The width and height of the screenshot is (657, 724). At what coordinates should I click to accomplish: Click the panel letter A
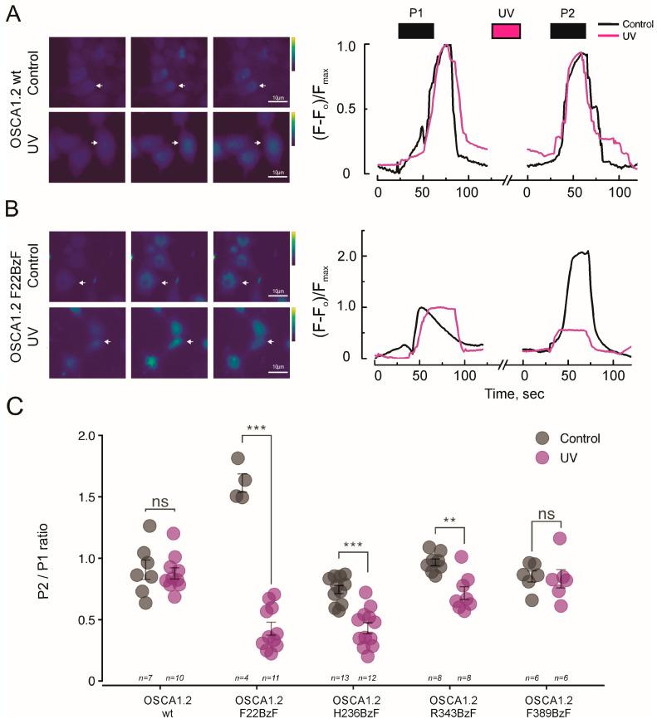[x=13, y=16]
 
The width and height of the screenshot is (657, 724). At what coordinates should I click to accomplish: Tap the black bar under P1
[x=416, y=31]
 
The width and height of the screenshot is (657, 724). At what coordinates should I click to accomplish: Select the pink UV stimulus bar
[x=506, y=31]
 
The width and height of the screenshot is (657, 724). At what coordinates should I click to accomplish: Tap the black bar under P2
[x=567, y=31]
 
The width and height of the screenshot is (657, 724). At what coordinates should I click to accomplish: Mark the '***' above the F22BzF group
[x=257, y=428]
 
